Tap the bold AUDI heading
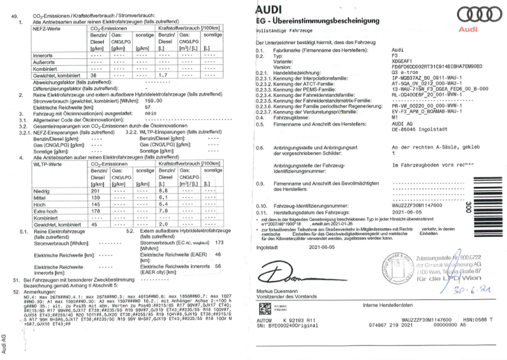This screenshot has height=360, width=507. [x=272, y=9]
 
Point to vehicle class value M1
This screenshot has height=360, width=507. [x=395, y=117]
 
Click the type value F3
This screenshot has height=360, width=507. [x=395, y=55]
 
